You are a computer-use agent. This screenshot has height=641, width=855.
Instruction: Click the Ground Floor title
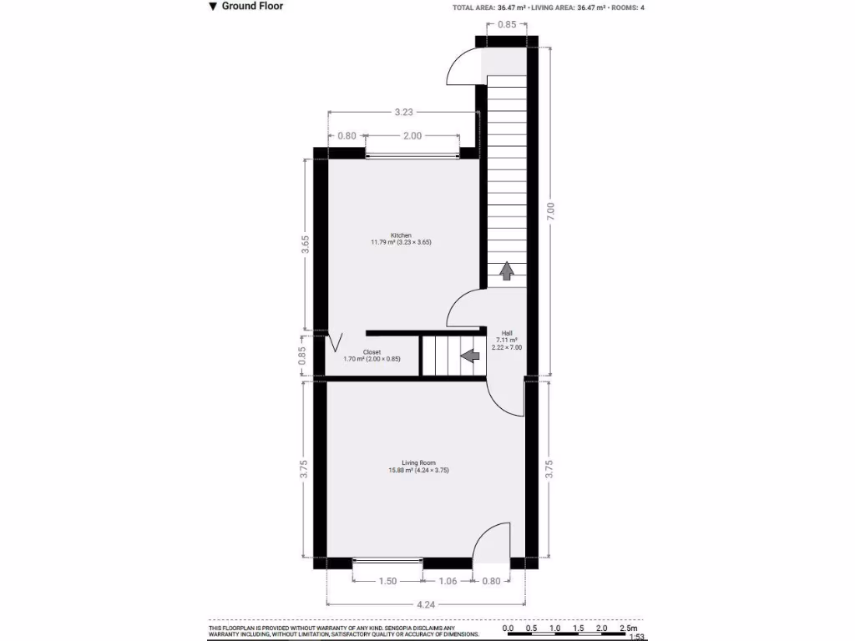(251, 7)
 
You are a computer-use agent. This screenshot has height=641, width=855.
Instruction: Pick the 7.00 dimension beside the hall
(550, 211)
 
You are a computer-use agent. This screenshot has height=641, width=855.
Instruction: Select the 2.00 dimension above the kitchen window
(412, 135)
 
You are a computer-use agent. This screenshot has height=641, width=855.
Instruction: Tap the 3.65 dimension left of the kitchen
(306, 243)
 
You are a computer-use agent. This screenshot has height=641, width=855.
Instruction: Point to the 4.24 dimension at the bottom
(426, 603)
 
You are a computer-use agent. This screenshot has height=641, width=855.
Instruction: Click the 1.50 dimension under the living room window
(387, 581)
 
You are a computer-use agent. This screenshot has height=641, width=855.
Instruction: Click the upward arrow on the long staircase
(507, 271)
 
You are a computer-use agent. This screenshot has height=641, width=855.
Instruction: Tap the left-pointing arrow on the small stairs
(470, 356)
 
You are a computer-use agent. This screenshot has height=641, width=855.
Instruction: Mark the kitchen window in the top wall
(412, 154)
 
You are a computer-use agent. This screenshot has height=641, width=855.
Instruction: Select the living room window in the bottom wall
(387, 563)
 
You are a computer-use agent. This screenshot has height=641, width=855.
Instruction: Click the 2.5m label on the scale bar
(628, 628)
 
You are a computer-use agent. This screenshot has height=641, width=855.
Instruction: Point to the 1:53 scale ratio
(636, 638)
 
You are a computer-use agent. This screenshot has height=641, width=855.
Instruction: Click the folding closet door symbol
(336, 342)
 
